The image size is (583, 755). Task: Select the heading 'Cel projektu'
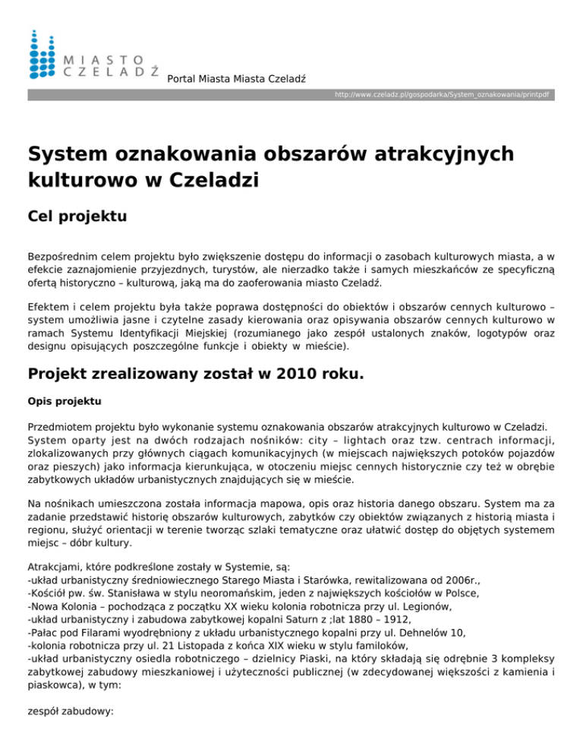click(76, 216)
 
